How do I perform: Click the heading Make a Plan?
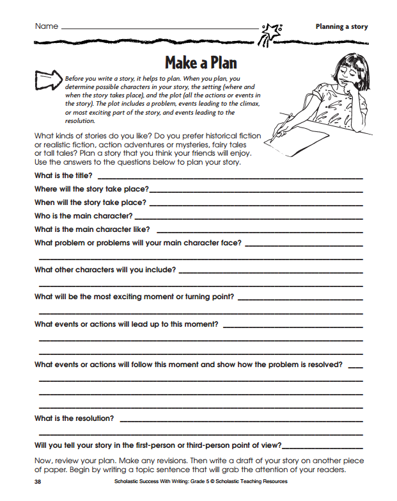[x=201, y=63]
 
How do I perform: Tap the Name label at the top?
[x=47, y=26]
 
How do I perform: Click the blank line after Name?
[x=160, y=29]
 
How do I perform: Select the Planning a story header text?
[x=341, y=27]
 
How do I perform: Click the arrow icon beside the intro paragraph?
[x=48, y=80]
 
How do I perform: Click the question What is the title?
[x=63, y=176]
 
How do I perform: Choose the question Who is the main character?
[x=84, y=216]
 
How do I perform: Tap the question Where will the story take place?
[x=91, y=189]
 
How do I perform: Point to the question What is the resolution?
[x=74, y=418]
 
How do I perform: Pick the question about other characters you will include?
[x=105, y=270]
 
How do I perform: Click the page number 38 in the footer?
[x=38, y=482]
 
